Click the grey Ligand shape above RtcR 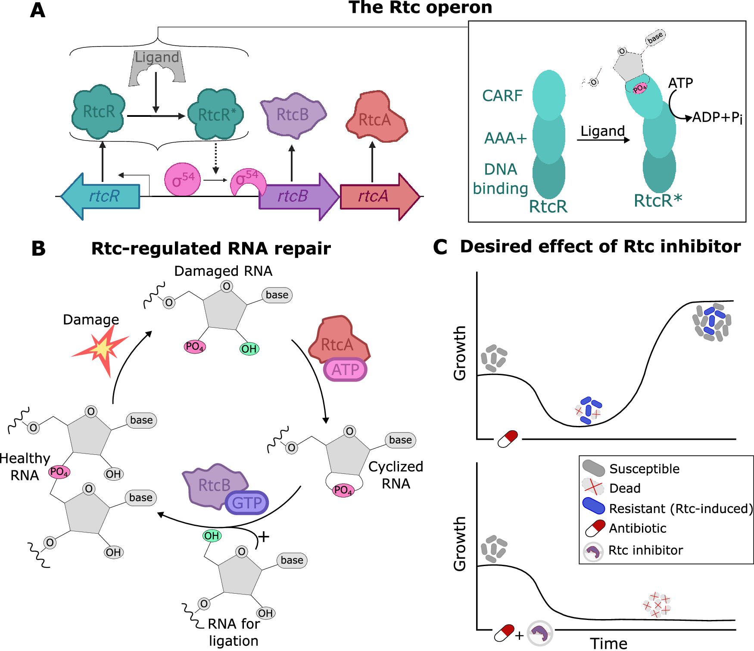click(157, 67)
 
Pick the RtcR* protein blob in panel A click(216, 115)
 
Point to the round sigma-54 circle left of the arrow click(183, 179)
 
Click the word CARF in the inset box click(502, 96)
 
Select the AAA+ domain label click(505, 138)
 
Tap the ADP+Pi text click(717, 118)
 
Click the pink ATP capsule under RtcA click(345, 370)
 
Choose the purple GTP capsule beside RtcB click(247, 503)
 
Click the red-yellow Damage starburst click(102, 349)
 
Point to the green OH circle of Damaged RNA click(249, 349)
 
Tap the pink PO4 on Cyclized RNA click(343, 490)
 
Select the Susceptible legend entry click(644, 469)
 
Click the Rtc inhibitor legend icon click(593, 551)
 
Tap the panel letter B click(38, 249)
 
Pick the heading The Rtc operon click(420, 8)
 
